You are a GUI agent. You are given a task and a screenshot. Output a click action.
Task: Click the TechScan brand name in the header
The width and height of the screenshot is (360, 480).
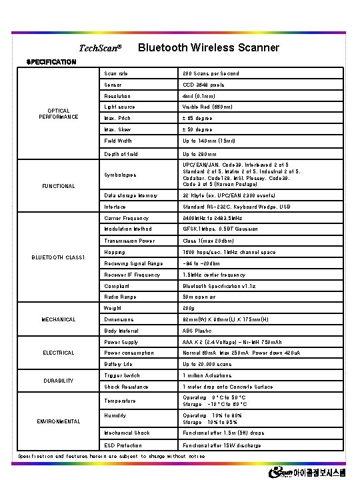pyautogui.click(x=100, y=48)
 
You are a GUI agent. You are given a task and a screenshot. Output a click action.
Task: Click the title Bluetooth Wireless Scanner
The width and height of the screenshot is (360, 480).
pyautogui.click(x=208, y=47)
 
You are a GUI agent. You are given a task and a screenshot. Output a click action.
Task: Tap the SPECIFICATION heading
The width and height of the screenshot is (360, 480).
pyautogui.click(x=51, y=62)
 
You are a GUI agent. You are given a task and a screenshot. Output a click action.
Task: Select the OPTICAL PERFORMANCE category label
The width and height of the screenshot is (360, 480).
pyautogui.click(x=59, y=114)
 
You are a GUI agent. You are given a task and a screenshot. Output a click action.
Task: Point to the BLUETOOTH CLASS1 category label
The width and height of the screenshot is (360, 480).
pyautogui.click(x=59, y=257)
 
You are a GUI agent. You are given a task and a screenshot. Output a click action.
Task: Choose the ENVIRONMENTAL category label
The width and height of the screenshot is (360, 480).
pyautogui.click(x=59, y=421)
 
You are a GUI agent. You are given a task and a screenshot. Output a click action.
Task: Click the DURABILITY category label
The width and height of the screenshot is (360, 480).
pyautogui.click(x=59, y=381)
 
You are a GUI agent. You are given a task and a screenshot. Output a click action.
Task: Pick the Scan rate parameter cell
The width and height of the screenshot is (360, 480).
pyautogui.click(x=116, y=73)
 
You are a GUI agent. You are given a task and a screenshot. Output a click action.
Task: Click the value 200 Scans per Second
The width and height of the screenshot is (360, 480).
pyautogui.click(x=211, y=73)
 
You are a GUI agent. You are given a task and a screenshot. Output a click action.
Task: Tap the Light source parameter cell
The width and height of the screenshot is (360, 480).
pyautogui.click(x=119, y=107)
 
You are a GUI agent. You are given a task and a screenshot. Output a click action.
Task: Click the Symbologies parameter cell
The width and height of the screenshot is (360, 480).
pyautogui.click(x=120, y=175)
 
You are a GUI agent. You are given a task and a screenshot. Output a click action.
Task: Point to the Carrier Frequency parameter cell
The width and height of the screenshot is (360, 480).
pyautogui.click(x=127, y=218)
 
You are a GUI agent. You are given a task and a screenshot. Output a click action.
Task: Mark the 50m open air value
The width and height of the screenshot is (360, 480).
pyautogui.click(x=199, y=297)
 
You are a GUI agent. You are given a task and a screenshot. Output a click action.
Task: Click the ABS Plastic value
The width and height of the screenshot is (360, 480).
pyautogui.click(x=197, y=331)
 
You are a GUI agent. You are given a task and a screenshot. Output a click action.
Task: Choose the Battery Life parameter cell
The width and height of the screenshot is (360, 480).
pyautogui.click(x=118, y=364)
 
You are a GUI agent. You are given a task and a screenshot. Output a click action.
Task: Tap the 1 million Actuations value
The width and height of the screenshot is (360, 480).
pyautogui.click(x=207, y=375)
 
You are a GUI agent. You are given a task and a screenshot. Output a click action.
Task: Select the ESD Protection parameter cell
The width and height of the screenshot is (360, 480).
pyautogui.click(x=123, y=445)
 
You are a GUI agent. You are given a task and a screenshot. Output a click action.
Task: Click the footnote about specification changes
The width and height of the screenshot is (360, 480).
pyautogui.click(x=111, y=456)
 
